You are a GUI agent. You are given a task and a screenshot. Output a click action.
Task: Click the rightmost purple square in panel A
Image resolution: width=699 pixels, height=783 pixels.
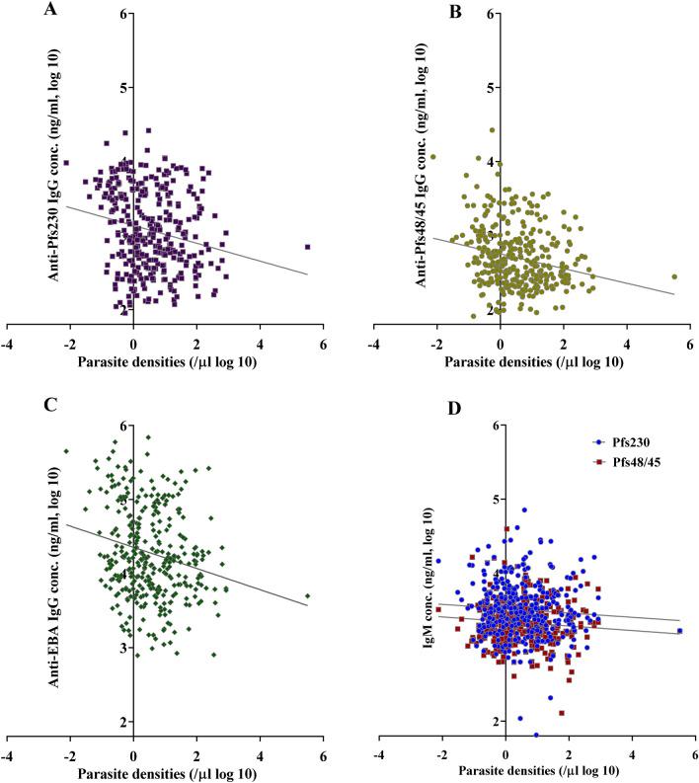307,247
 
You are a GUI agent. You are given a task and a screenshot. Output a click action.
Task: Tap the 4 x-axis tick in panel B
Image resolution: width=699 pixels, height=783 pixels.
626,344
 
